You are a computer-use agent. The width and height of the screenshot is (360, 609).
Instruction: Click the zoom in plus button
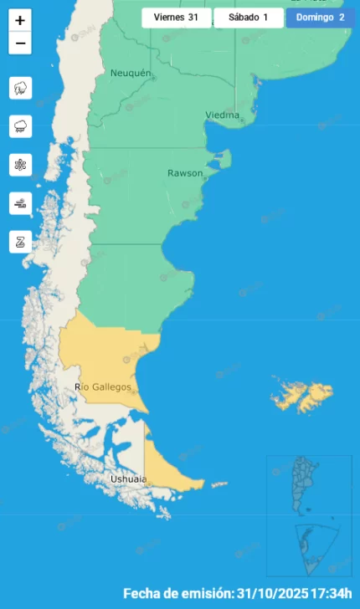coord(20,20)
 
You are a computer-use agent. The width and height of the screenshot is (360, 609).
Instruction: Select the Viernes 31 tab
coord(176,17)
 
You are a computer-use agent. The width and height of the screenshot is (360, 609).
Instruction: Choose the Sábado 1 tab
coord(249,17)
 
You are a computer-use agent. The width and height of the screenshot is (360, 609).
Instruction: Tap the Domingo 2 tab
coord(319,17)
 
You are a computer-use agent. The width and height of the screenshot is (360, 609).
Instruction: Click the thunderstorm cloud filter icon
coord(20,88)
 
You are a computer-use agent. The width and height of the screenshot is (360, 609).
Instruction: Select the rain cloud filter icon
coord(20,126)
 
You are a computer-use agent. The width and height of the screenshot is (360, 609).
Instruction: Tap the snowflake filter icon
coord(20,165)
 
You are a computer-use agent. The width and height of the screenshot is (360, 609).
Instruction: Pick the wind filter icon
coord(20,203)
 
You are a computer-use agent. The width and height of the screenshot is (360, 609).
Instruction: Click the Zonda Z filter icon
coord(20,242)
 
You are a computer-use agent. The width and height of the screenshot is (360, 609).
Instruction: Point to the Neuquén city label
coord(131,74)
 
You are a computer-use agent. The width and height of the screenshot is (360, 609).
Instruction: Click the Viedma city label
coord(222,115)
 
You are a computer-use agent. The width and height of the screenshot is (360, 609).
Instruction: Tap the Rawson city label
coord(185,173)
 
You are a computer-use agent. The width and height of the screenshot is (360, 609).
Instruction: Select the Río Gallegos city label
coord(103,386)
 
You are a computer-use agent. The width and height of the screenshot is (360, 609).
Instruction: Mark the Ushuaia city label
coord(128,479)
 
